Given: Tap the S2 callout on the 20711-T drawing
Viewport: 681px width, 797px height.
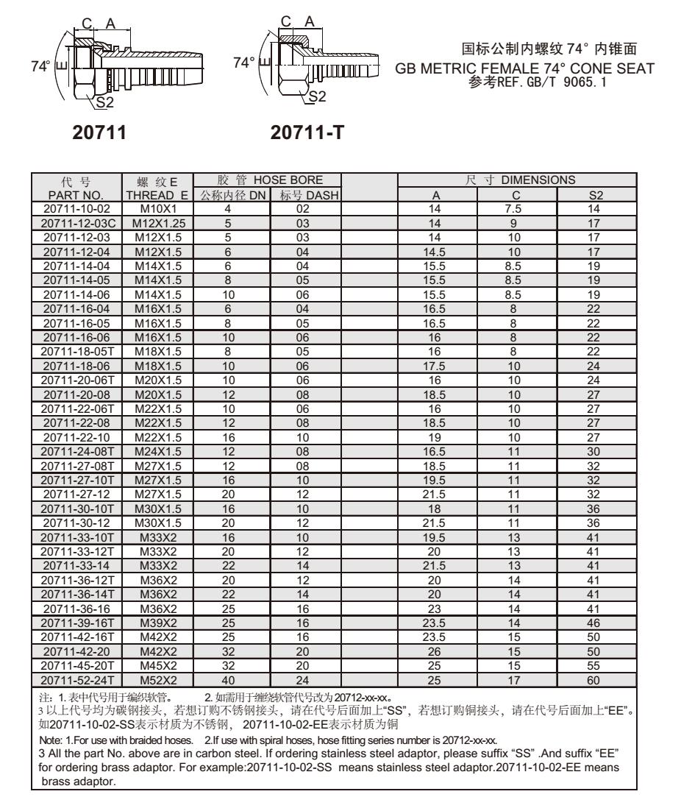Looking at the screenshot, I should point(318,95).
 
